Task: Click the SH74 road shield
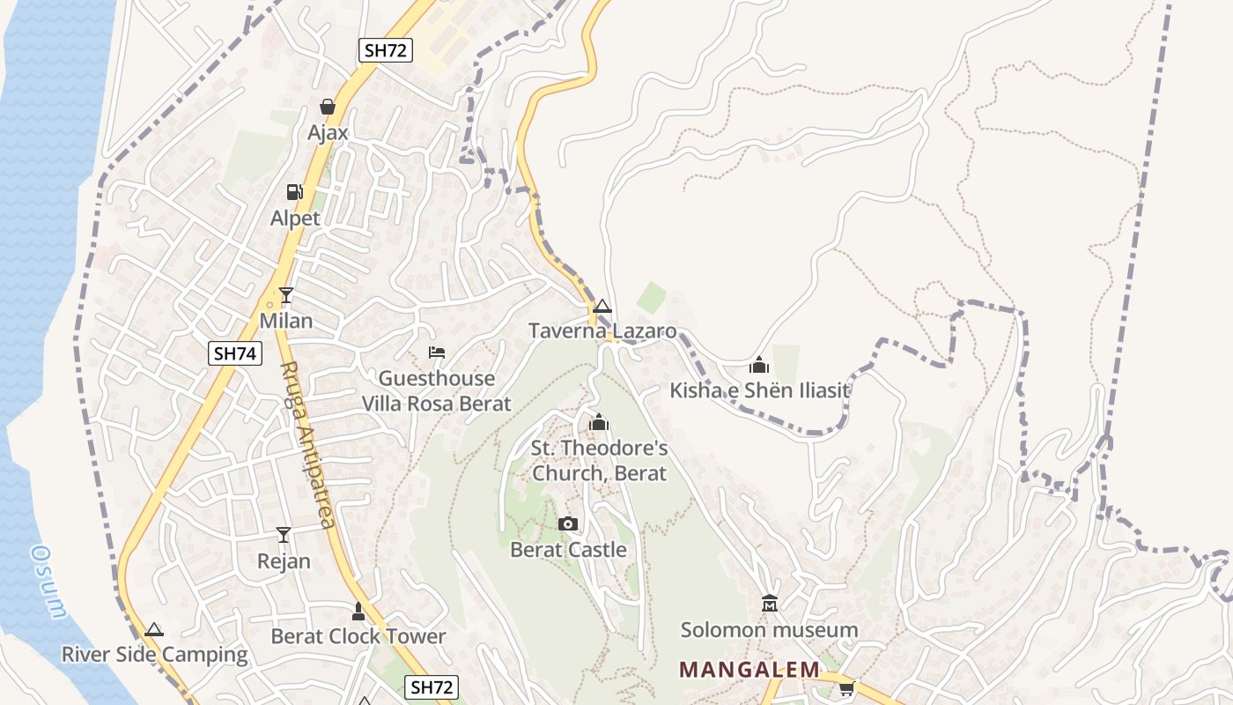(x=236, y=353)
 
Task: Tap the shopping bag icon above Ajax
(x=328, y=108)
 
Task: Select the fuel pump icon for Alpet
(x=294, y=192)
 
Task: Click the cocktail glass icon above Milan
(x=285, y=295)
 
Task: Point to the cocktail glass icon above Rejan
(x=283, y=535)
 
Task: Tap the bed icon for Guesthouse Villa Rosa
(x=436, y=352)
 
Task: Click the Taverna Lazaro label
(x=602, y=331)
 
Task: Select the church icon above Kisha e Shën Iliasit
(x=759, y=365)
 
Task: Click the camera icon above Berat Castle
(x=568, y=524)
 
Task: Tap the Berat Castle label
(x=568, y=550)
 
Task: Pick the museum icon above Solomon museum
(x=770, y=605)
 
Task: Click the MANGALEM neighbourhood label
(x=749, y=670)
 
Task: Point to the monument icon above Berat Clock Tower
(x=358, y=611)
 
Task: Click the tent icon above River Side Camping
(x=154, y=630)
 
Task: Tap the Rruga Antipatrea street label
(x=308, y=445)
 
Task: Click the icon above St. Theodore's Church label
(x=599, y=423)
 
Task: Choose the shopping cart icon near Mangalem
(x=846, y=688)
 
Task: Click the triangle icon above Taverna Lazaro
(x=602, y=307)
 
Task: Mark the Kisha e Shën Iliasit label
(x=759, y=390)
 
